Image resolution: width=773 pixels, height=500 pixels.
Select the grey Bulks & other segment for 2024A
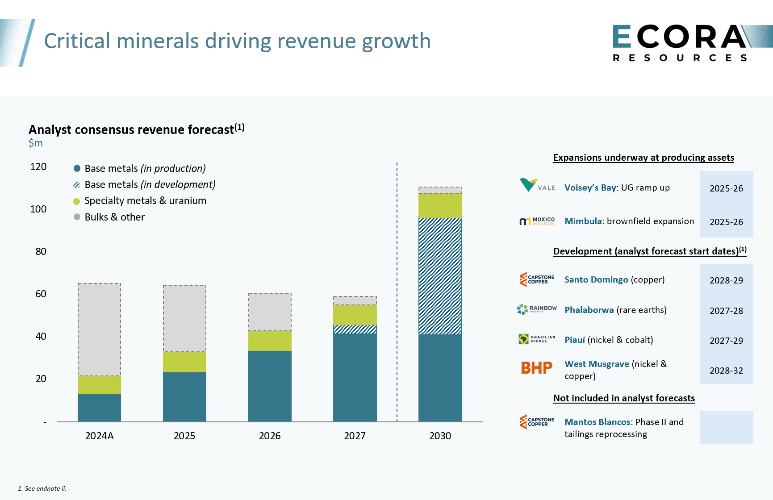[99, 329]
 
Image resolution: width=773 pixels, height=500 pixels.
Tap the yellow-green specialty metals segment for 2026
[270, 341]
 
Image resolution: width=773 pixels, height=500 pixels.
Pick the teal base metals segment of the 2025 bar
[184, 396]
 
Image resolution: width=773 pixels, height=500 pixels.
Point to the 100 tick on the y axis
[38, 209]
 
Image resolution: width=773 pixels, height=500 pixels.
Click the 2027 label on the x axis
[355, 436]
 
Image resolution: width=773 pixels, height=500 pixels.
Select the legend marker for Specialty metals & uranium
[77, 201]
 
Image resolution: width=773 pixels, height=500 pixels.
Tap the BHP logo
[536, 368]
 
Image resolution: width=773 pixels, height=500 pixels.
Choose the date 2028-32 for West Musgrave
[726, 371]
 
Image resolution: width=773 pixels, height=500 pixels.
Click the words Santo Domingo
[596, 279]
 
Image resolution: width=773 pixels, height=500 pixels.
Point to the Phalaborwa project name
[589, 310]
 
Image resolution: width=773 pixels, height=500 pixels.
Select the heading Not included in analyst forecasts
[624, 398]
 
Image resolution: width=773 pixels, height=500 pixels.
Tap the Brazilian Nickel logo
[536, 339]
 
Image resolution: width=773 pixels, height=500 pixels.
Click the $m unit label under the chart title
[36, 143]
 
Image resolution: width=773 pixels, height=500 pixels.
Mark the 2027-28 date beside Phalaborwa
[726, 311]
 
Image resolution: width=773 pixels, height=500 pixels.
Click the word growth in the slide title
[396, 41]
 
